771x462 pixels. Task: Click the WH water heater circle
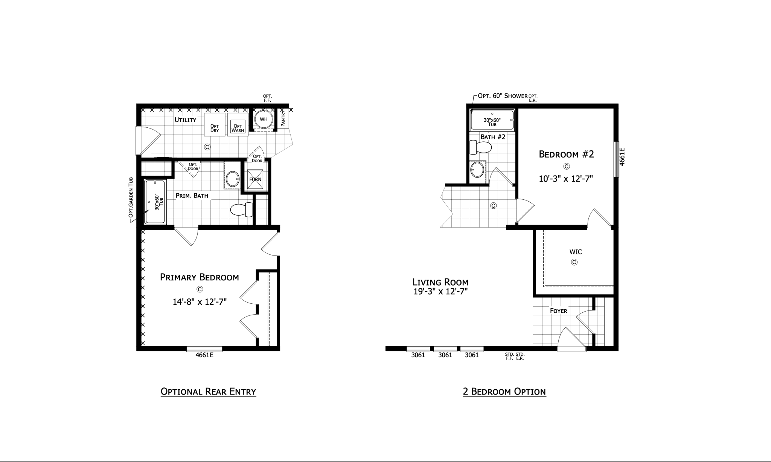[x=264, y=119]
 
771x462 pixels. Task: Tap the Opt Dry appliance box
[x=215, y=124]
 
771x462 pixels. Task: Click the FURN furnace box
[x=255, y=179]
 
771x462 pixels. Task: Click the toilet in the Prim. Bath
[x=241, y=210]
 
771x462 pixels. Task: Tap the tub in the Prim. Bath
[x=155, y=202]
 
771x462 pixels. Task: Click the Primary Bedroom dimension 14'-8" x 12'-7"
[x=200, y=302]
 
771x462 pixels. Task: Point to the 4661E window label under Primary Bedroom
[x=204, y=355]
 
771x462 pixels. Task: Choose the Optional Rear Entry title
[x=208, y=392]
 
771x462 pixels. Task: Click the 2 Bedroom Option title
[x=504, y=392]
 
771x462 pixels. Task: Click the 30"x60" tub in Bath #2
[x=492, y=120]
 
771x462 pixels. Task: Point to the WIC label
[x=576, y=252]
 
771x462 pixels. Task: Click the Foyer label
[x=559, y=311]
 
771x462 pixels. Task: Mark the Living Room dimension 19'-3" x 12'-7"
[x=440, y=291]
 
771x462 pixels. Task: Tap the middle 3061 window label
[x=445, y=355]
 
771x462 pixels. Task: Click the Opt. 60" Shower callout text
[x=503, y=96]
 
